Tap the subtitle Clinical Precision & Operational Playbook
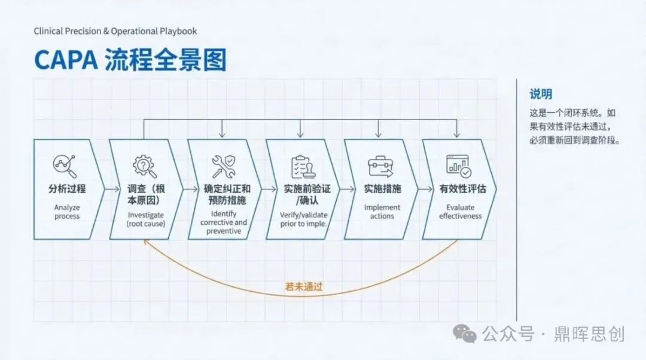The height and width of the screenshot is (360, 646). coord(115,31)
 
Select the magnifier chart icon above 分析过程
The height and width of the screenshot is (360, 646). coord(65,166)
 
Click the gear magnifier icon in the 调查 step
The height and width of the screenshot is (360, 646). coord(144,166)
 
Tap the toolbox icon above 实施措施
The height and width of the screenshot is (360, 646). coord(380,166)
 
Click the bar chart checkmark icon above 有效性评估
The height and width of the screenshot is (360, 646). coord(458,166)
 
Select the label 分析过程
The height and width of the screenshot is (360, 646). coord(67,189)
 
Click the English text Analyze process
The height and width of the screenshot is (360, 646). coord(67,212)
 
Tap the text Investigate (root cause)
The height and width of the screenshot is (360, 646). coord(145,219)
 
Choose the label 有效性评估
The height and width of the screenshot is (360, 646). coord(463,189)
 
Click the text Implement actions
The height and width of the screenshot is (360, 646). coord(382,212)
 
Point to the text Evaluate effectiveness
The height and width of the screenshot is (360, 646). coord(461,212)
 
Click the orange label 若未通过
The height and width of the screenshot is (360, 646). coord(304,286)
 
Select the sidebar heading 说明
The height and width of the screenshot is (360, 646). coord(541,94)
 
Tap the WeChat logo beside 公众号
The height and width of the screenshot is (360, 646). coord(464,334)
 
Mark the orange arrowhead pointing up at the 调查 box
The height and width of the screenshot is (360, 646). coord(145,242)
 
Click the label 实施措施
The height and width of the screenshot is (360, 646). coord(382,189)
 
